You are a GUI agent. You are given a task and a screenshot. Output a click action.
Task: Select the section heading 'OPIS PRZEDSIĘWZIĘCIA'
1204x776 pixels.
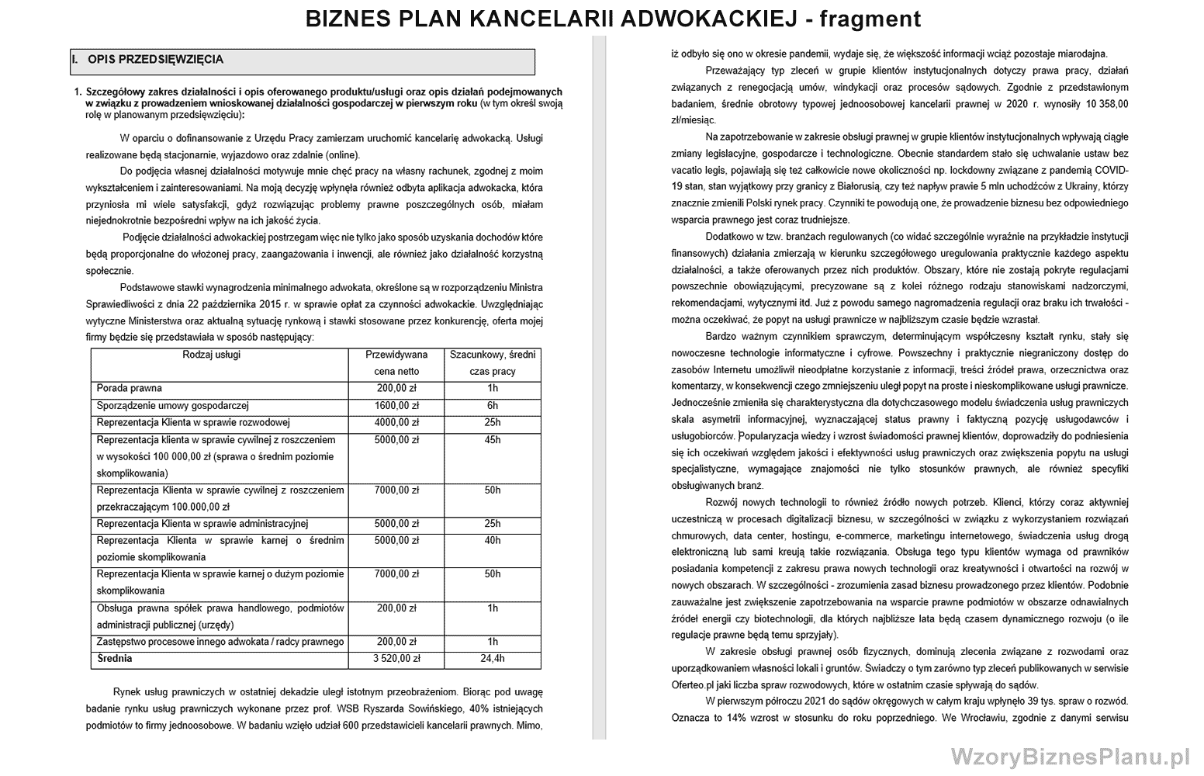click(155, 59)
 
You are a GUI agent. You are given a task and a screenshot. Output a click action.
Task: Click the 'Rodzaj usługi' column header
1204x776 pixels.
click(211, 355)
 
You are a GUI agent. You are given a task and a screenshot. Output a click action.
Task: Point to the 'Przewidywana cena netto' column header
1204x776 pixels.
click(396, 363)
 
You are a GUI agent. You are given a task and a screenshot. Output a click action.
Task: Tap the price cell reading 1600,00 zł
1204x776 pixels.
click(396, 406)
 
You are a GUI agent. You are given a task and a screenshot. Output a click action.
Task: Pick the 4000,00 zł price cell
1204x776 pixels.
click(396, 423)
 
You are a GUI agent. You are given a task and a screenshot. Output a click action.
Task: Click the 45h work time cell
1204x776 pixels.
click(492, 440)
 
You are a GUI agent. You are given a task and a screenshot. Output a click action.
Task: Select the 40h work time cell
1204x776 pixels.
click(492, 540)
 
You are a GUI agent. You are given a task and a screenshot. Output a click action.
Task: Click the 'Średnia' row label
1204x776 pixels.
click(115, 659)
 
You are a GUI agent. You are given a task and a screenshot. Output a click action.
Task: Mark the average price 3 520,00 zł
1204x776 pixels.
click(396, 659)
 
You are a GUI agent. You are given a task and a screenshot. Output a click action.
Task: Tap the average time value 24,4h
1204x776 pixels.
click(492, 659)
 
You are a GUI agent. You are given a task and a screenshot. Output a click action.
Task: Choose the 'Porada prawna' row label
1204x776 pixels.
click(130, 388)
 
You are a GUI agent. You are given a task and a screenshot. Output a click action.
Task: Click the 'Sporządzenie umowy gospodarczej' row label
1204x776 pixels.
click(172, 406)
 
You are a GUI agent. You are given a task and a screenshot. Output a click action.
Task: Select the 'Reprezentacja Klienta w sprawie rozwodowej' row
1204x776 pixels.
click(193, 423)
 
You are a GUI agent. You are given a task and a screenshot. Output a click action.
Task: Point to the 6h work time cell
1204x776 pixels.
click(492, 406)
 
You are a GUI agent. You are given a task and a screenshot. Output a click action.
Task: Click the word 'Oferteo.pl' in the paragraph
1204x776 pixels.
click(692, 685)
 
